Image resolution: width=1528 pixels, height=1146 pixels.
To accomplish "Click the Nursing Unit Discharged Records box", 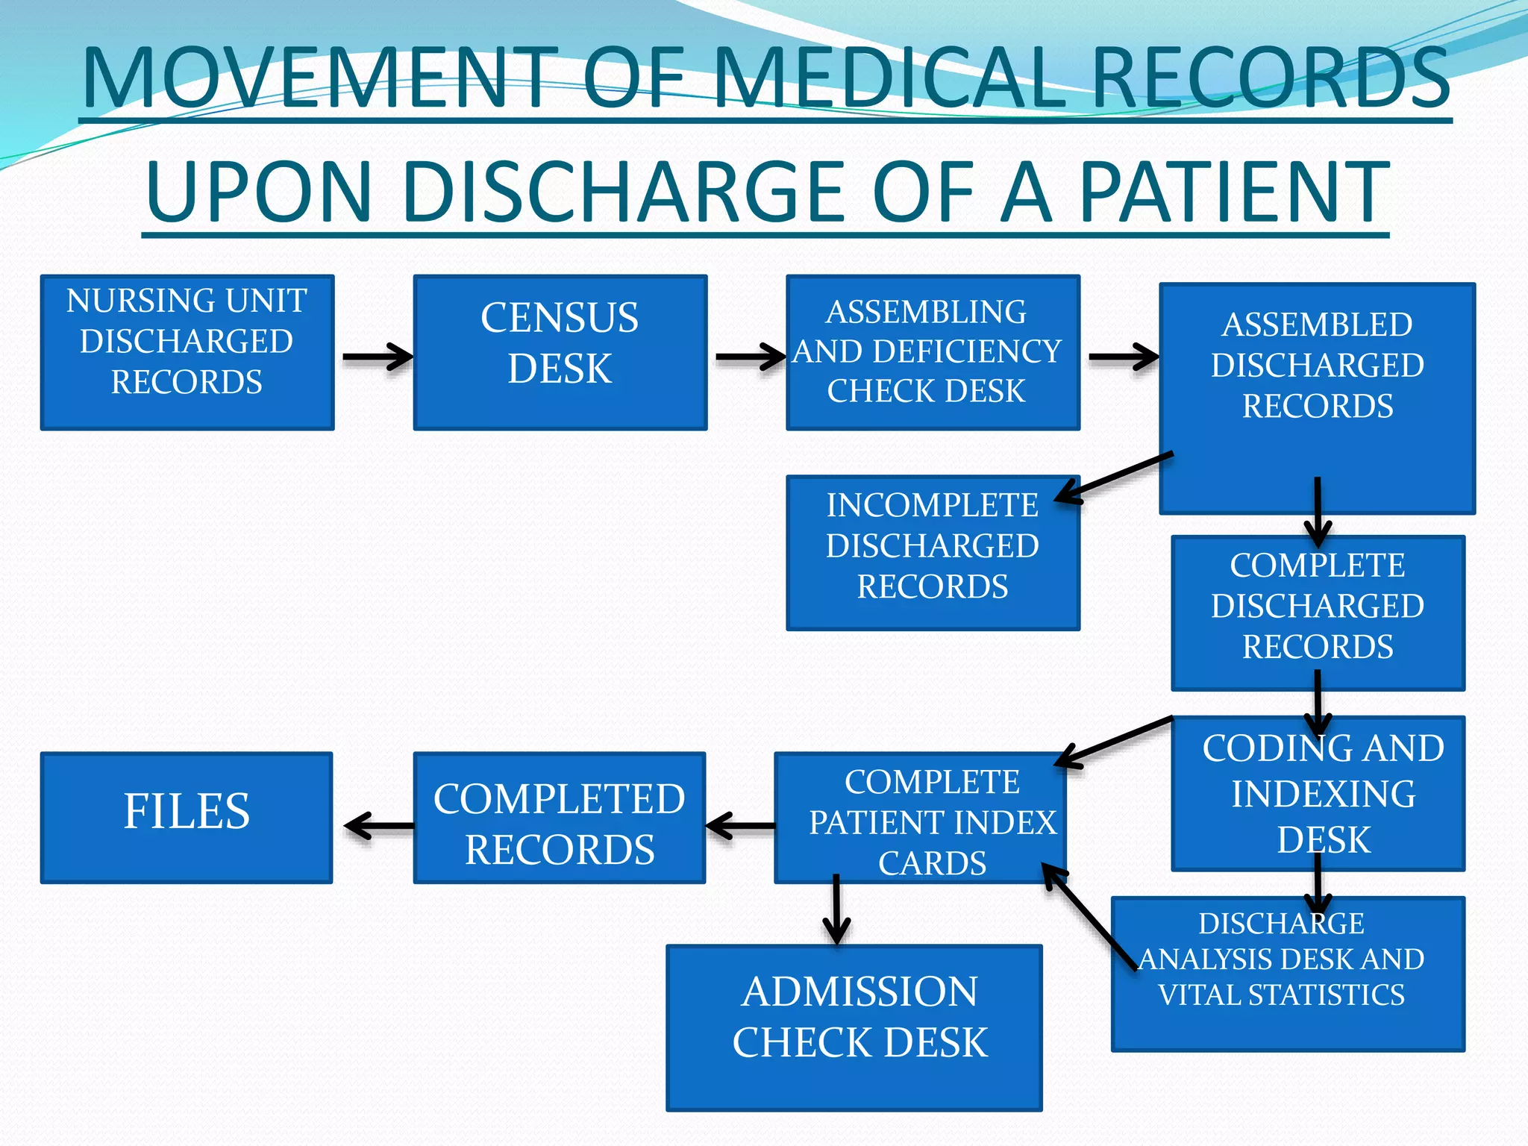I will pyautogui.click(x=187, y=352).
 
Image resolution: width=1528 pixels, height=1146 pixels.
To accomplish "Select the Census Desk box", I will pyautogui.click(x=560, y=352).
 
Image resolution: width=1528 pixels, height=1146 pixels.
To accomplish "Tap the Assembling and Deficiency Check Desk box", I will pyautogui.click(x=933, y=352).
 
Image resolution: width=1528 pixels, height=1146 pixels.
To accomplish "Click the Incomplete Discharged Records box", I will pyautogui.click(x=933, y=553).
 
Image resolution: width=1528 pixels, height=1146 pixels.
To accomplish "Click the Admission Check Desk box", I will pyautogui.click(x=854, y=1028).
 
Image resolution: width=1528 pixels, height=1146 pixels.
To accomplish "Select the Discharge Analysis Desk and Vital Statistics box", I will pyautogui.click(x=1288, y=974).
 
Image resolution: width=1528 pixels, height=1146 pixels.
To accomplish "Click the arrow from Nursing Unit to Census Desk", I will pyautogui.click(x=377, y=357).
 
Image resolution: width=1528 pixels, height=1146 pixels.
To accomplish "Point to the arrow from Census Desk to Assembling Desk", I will pyautogui.click(x=750, y=357).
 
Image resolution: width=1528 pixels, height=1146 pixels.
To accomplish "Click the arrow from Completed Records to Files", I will pyautogui.click(x=379, y=826).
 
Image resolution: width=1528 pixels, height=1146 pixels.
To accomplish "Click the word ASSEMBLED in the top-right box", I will pyautogui.click(x=1317, y=325).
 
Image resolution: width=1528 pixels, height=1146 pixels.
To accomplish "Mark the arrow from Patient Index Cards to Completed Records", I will pyautogui.click(x=740, y=826).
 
